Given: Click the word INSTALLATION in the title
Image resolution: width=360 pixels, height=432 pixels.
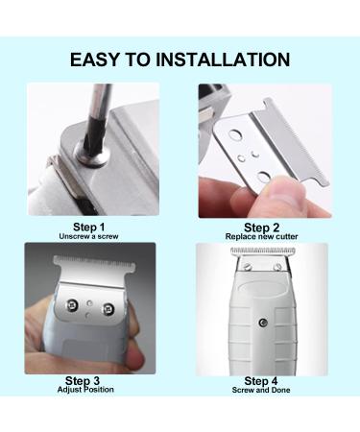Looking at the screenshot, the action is (223, 60).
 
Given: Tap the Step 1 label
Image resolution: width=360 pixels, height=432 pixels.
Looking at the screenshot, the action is (89, 227).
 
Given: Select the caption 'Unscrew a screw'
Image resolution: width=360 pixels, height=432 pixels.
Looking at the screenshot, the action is (88, 236).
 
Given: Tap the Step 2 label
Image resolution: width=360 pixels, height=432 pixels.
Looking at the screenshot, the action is (261, 228).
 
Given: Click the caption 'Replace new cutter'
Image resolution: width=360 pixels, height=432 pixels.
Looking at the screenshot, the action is (261, 237).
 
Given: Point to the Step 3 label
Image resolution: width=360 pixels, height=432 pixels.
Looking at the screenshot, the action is (83, 380).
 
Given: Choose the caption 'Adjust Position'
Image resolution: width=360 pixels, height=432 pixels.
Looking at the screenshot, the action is (85, 390).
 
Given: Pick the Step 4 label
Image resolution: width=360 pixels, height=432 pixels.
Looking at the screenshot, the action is (261, 381).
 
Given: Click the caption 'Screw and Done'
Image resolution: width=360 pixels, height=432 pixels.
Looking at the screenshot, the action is (261, 390).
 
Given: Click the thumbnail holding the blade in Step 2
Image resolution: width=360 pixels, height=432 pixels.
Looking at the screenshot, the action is (282, 191).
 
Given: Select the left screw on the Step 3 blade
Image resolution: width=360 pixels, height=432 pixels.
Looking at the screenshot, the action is (72, 305).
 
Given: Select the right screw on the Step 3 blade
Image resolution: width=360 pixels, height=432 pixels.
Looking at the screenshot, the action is (108, 309).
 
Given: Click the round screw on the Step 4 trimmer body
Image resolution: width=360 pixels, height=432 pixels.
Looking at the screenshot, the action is (263, 324).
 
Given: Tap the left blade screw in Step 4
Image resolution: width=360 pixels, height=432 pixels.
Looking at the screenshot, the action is (247, 265).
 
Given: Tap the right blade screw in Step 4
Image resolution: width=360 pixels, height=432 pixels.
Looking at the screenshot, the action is (278, 266).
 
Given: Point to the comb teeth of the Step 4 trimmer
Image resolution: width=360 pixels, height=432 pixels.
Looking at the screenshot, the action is (263, 251).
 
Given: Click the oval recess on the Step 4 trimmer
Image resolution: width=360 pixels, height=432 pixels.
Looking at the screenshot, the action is (263, 288).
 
